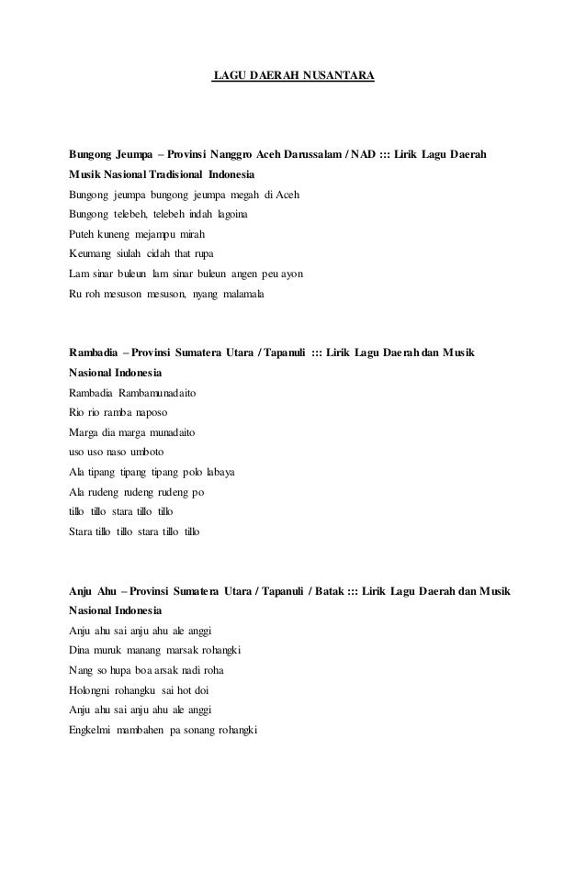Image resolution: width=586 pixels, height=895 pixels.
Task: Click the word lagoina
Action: (x=227, y=214)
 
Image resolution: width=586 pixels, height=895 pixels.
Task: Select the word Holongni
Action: (x=91, y=690)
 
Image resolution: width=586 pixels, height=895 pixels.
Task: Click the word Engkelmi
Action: (x=91, y=731)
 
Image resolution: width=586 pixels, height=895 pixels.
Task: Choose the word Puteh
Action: (x=85, y=234)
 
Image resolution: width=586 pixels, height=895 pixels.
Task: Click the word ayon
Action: (x=292, y=274)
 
